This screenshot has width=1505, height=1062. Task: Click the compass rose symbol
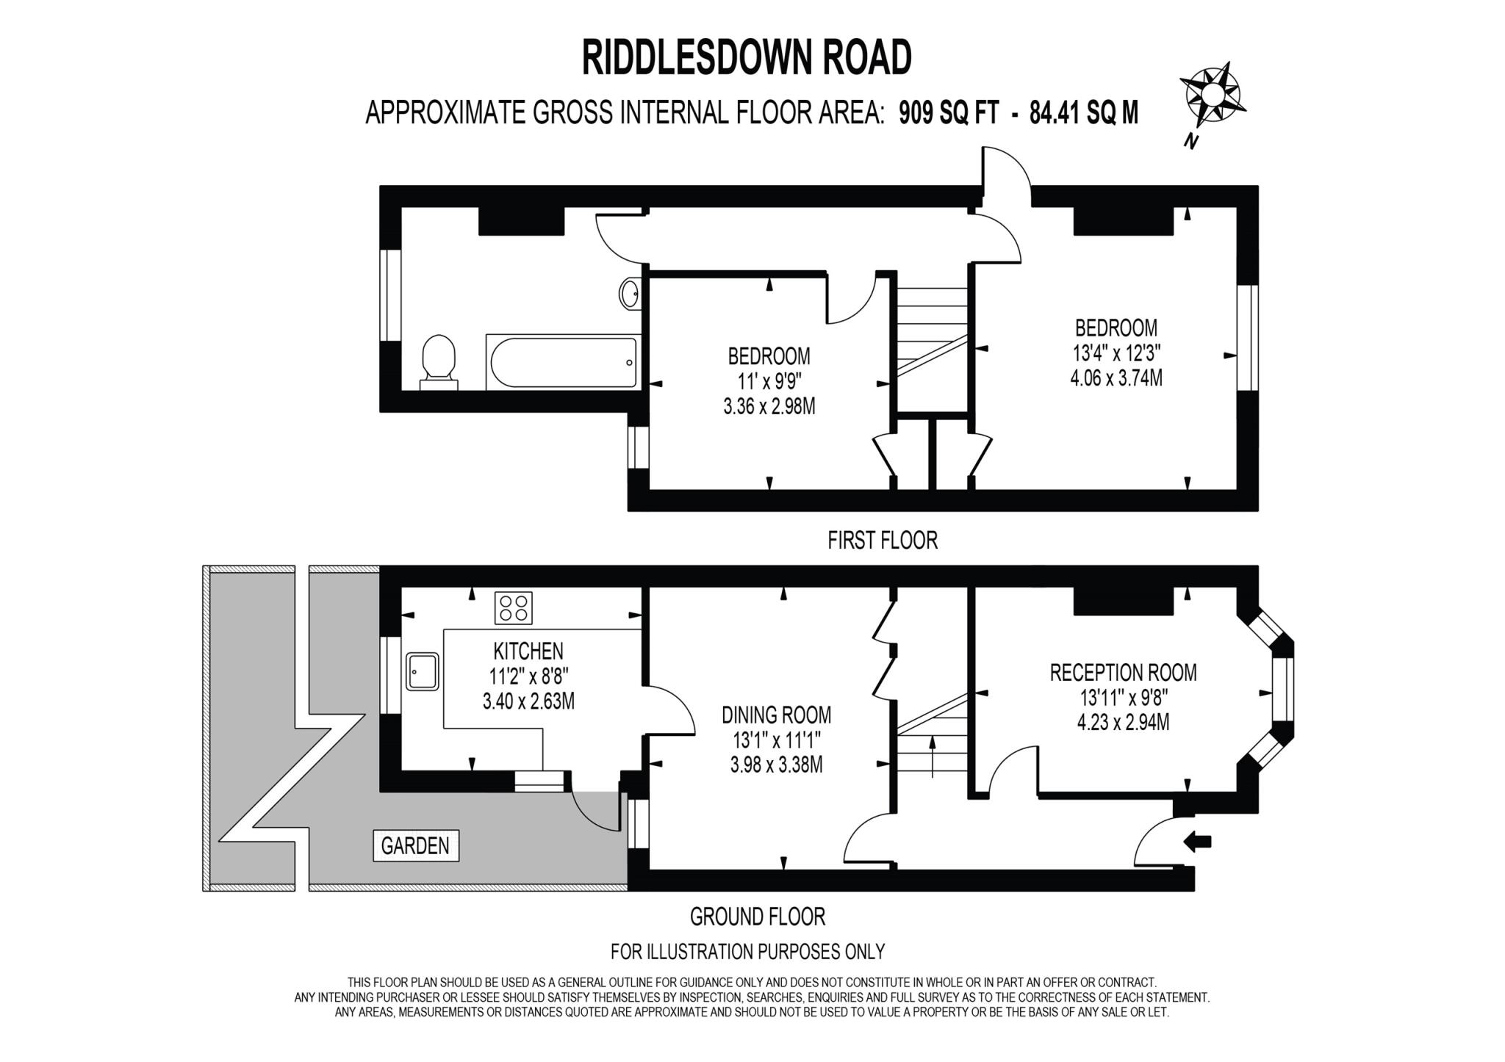point(1213,95)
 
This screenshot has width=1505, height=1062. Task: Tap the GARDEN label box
point(416,845)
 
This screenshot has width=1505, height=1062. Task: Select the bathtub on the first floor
point(561,362)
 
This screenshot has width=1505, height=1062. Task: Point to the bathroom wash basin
point(630,295)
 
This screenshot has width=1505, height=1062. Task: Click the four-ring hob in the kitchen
point(513,608)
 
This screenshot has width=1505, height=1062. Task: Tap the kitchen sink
point(422,671)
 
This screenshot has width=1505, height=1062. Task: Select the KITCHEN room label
point(528,651)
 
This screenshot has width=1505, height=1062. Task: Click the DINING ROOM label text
point(776,715)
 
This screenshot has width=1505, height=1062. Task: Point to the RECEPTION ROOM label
point(1123,672)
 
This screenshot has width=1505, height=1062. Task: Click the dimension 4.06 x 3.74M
point(1116,378)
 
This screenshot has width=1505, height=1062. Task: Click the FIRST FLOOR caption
point(882,541)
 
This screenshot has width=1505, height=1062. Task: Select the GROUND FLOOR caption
point(757,917)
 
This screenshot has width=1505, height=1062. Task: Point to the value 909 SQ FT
point(949,113)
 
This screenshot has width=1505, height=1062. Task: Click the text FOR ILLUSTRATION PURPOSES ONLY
point(747,952)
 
